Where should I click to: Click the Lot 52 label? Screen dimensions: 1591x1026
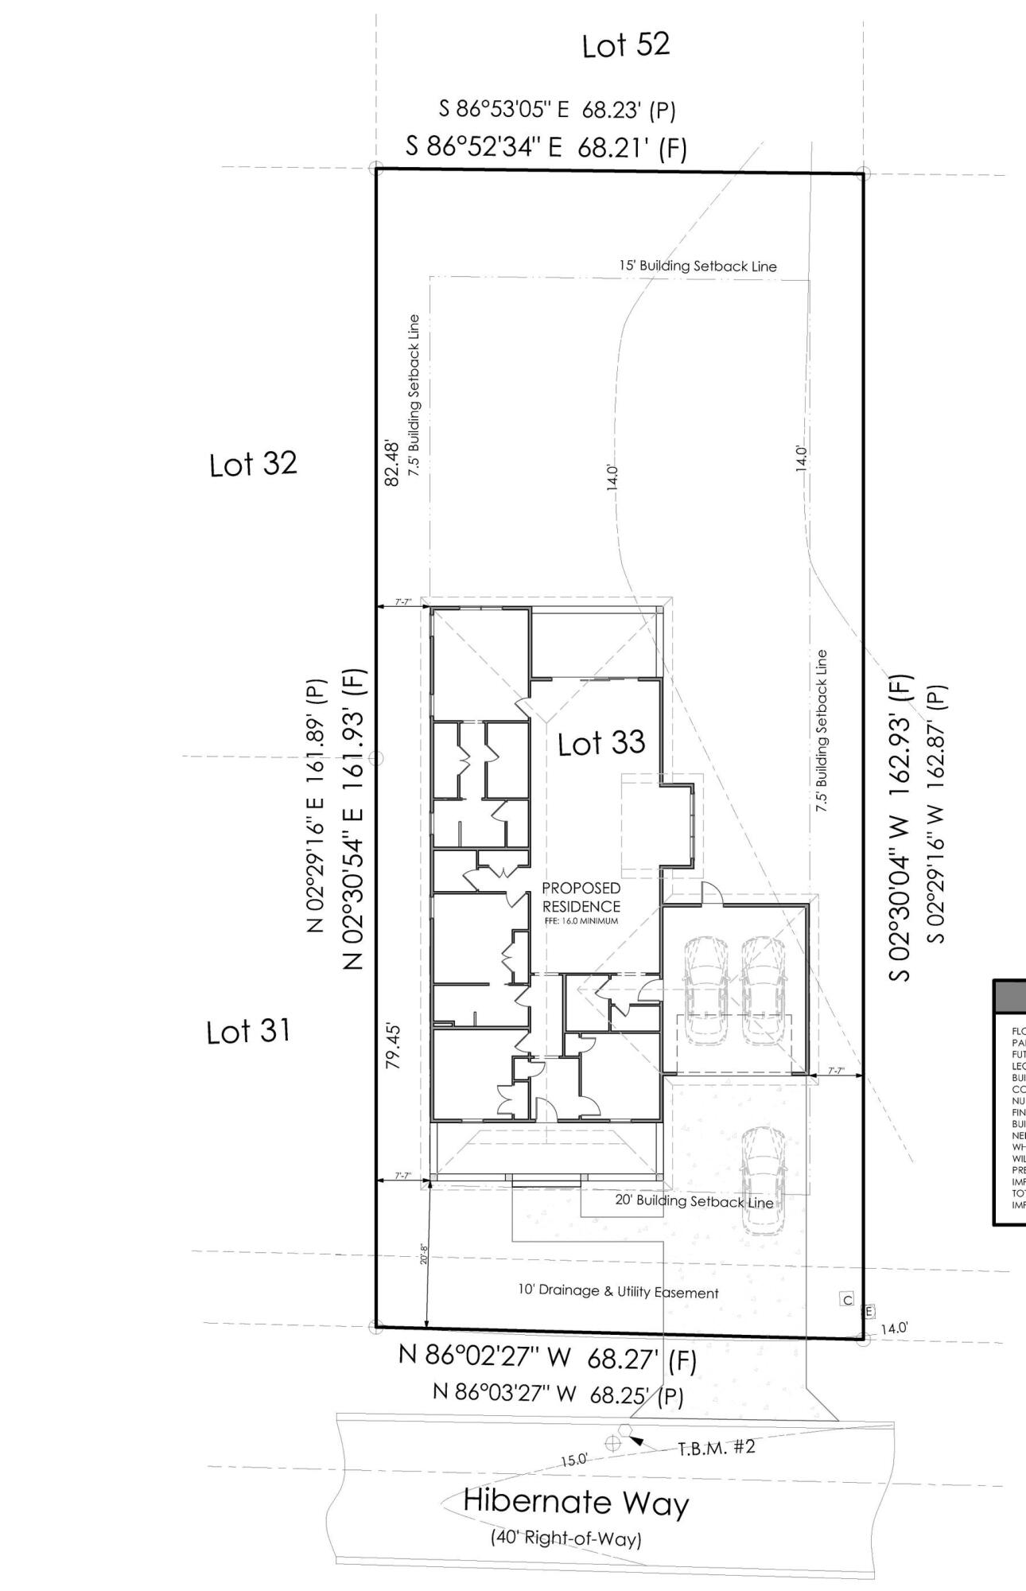pyautogui.click(x=625, y=45)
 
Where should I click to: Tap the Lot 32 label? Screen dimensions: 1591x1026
pyautogui.click(x=253, y=464)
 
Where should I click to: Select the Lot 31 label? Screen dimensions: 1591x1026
pyautogui.click(x=248, y=1032)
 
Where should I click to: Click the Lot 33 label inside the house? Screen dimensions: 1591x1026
pyautogui.click(x=601, y=744)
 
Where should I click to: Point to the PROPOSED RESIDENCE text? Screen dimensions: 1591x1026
pyautogui.click(x=581, y=897)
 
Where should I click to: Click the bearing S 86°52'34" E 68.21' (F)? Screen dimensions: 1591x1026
pyautogui.click(x=546, y=147)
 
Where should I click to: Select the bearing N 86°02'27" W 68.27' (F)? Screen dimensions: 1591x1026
pyautogui.click(x=547, y=1359)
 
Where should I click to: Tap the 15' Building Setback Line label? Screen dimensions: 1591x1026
pyautogui.click(x=698, y=266)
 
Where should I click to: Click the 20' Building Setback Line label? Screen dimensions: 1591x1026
pyautogui.click(x=694, y=1201)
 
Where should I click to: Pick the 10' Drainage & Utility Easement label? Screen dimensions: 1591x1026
pyautogui.click(x=618, y=1292)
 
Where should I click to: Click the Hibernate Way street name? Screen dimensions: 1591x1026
pyautogui.click(x=576, y=1503)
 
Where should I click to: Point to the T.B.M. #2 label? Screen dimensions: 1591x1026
pyautogui.click(x=716, y=1447)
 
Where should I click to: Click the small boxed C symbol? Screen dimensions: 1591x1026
pyautogui.click(x=847, y=1300)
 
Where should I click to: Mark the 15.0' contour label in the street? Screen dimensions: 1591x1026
pyautogui.click(x=573, y=1460)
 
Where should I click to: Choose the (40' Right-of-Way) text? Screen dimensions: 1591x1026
pyautogui.click(x=565, y=1538)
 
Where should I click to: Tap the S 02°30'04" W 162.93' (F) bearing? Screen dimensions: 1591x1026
pyautogui.click(x=900, y=827)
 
